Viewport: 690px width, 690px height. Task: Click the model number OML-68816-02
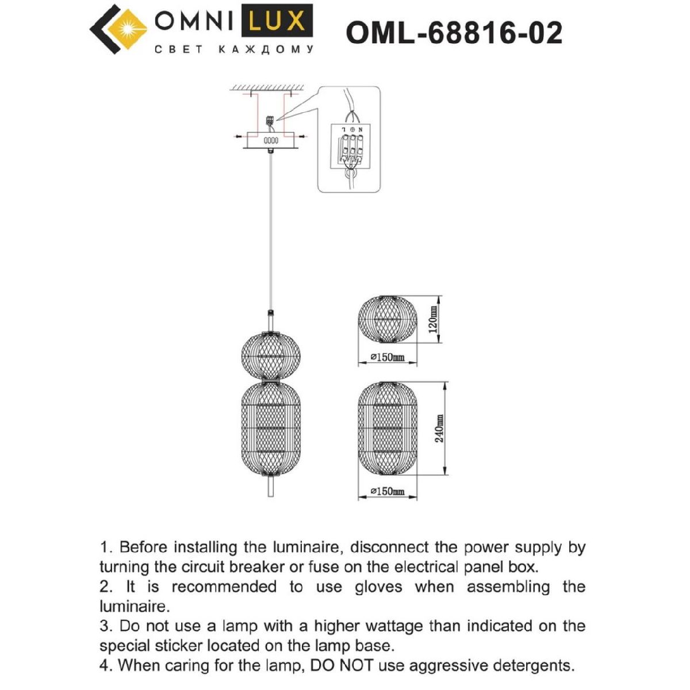pos(454,33)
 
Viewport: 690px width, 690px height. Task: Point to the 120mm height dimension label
pos(434,320)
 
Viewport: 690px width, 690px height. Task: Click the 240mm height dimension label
pos(439,428)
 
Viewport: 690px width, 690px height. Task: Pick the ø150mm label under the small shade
pos(388,358)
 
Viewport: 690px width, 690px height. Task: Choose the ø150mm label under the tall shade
pos(388,492)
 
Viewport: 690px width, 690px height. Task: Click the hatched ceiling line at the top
pos(267,87)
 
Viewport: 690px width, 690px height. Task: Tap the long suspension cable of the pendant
pos(271,230)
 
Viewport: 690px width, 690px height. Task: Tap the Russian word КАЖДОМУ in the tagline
pos(267,50)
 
